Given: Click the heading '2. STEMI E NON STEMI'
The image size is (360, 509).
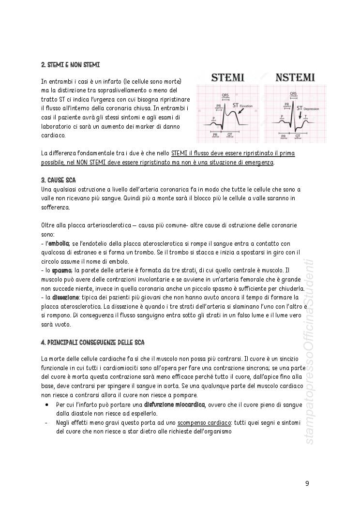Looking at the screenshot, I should coord(71,64).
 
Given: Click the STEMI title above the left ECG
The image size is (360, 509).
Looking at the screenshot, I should coord(226,77).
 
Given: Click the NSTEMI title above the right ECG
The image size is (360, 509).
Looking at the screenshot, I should coord(295,77).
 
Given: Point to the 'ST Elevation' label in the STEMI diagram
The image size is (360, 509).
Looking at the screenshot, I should coord(242,105).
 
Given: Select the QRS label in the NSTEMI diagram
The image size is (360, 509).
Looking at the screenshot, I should coord(293,94).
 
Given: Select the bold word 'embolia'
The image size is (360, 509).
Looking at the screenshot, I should coord(60,243).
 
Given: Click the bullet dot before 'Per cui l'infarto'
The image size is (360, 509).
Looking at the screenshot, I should coord(46,404).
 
